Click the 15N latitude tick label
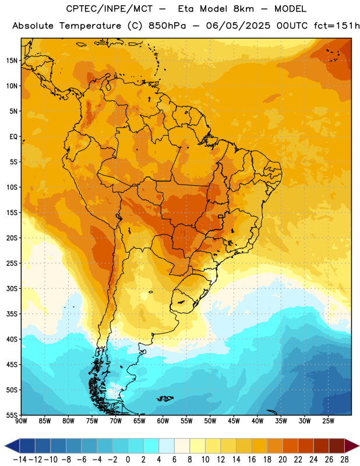12,61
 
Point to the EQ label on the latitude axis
13,137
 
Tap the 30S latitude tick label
12,288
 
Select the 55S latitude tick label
12,415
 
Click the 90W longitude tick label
21,421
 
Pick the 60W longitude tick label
163,421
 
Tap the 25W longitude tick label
328,421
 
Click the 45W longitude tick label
234,421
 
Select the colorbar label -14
20,460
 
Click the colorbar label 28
344,460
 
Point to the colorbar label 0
128,460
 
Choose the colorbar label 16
252,460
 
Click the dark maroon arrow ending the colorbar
351,446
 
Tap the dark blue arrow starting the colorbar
12,446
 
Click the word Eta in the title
186,9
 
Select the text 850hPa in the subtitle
167,26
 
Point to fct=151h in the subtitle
337,26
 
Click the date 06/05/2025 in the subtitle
238,26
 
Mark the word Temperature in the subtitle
90,26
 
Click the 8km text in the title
243,9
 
